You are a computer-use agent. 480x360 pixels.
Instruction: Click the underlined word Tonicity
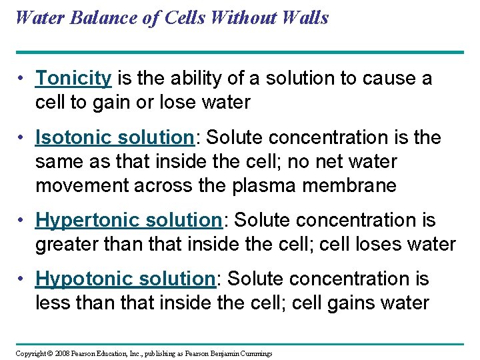coord(73,79)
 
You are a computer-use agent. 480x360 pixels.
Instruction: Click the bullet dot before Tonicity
coord(22,79)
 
